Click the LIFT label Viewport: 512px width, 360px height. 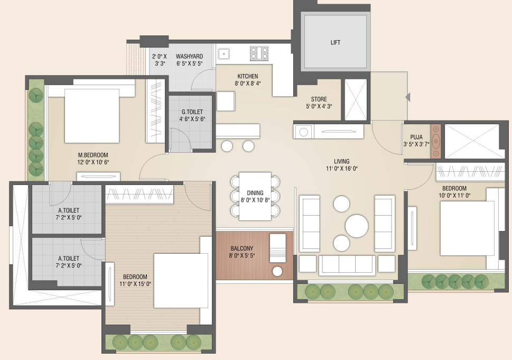click(x=336, y=42)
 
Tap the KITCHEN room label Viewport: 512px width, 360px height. click(x=247, y=77)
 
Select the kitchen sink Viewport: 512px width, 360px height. click(x=224, y=53)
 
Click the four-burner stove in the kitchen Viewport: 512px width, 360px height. click(x=259, y=53)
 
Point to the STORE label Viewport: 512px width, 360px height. click(x=319, y=99)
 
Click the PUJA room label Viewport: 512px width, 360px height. click(x=416, y=137)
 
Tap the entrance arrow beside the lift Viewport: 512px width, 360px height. click(x=407, y=97)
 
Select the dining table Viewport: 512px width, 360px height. click(x=255, y=196)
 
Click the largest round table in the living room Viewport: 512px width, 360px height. click(x=357, y=226)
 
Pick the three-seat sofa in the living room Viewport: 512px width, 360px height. click(x=347, y=265)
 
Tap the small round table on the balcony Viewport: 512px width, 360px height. click(x=277, y=271)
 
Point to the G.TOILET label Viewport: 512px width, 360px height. click(x=192, y=112)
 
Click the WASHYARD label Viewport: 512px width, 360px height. click(x=189, y=57)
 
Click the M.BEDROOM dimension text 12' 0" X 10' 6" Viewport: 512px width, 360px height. click(x=93, y=162)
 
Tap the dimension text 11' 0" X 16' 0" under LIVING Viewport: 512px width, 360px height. click(x=342, y=169)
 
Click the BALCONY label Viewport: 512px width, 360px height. click(x=241, y=248)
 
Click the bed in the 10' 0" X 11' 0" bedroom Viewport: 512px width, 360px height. click(x=468, y=228)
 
